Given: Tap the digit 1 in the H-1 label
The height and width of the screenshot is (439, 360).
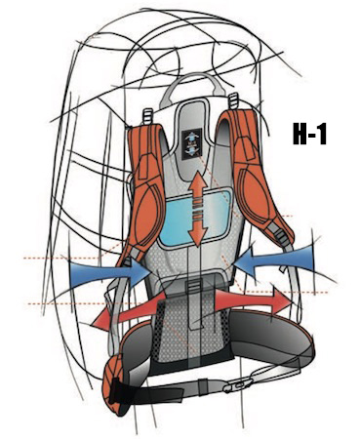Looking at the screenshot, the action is [322, 134].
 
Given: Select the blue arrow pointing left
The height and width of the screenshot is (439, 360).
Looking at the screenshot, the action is [274, 261].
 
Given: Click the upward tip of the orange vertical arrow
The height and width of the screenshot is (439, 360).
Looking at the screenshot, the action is [198, 173].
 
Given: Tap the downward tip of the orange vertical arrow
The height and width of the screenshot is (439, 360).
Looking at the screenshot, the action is [198, 245].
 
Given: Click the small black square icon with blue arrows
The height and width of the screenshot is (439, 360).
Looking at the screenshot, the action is [192, 144].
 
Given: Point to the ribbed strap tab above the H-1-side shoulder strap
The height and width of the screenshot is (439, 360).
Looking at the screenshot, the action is [232, 101].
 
